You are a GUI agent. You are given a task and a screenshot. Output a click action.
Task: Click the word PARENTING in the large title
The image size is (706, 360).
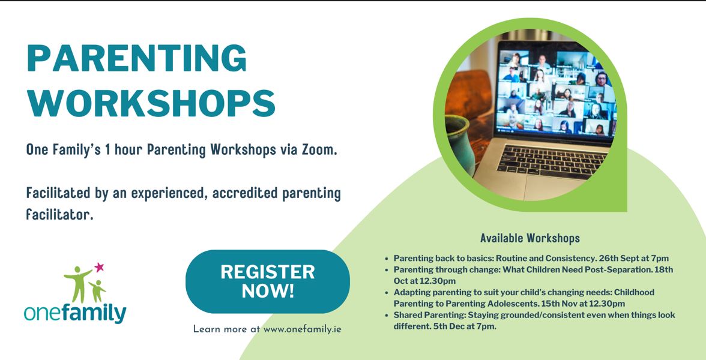(x=136, y=59)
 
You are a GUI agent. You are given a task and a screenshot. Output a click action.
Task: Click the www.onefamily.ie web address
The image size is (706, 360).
(x=302, y=329)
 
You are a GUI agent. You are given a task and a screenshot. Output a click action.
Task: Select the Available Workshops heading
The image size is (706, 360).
(x=530, y=238)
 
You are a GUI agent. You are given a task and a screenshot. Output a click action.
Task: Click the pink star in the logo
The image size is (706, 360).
(x=99, y=266)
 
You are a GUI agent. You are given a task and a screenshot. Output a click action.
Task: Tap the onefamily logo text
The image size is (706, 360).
(x=75, y=313)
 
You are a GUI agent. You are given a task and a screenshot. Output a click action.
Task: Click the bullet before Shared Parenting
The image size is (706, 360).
(x=387, y=315)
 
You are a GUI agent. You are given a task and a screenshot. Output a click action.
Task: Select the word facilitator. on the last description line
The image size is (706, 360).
(x=59, y=214)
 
